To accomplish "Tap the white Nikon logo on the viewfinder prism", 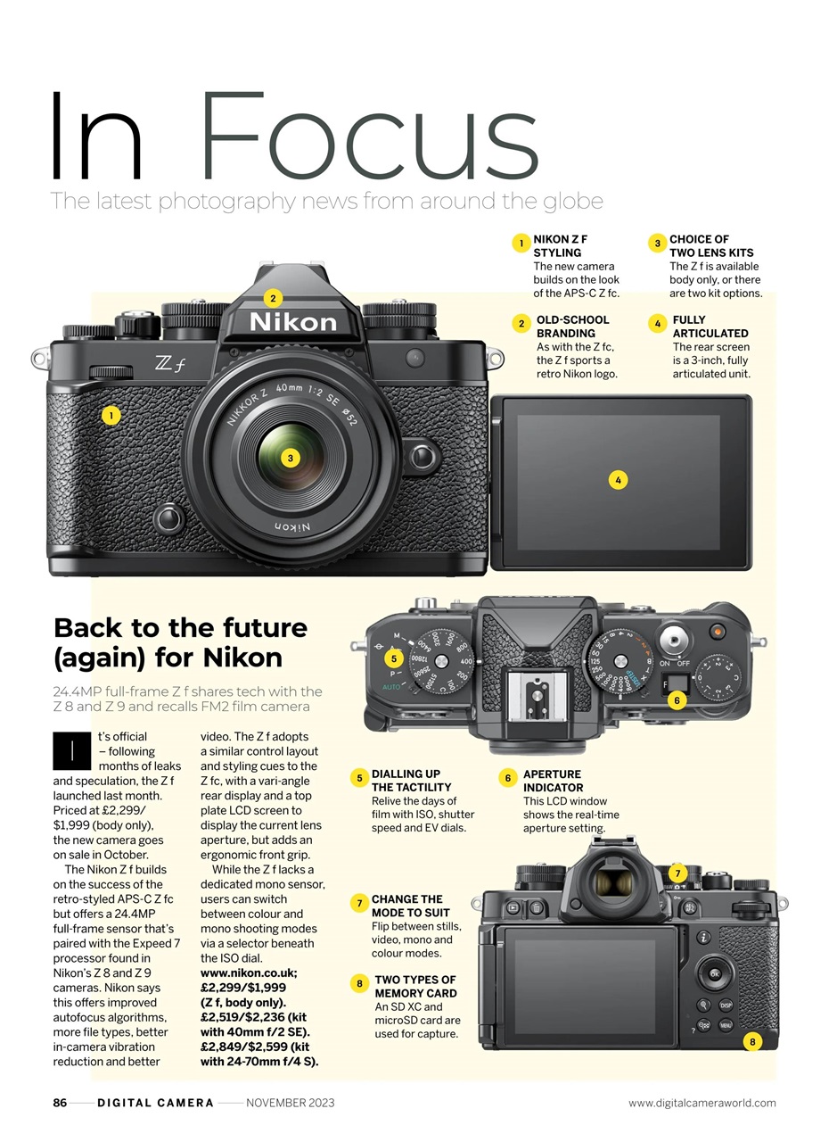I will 292,322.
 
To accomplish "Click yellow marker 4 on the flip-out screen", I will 618,480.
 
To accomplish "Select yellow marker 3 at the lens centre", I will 289,459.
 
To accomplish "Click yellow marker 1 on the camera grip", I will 111,415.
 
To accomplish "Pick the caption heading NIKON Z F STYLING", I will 560,245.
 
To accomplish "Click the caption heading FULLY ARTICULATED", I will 710,327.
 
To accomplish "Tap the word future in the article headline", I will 250,627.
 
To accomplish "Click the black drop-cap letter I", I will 71,750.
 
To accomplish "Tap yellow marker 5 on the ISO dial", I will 394,658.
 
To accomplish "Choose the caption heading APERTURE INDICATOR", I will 553,781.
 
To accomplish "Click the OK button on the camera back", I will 714,974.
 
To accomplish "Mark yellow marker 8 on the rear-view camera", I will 752,1041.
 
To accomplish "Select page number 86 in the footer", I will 60,1103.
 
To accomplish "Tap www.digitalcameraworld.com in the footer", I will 702,1103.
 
